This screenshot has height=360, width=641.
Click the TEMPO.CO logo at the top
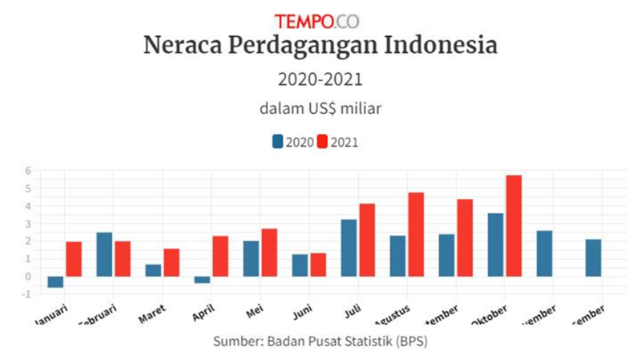pos(320,21)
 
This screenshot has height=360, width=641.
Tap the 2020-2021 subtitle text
pos(320,79)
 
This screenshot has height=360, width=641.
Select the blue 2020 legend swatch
pos(277,142)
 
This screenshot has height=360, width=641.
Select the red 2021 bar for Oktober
pos(514,225)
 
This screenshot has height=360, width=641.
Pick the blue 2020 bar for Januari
pos(55,281)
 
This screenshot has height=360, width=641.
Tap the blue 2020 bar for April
pos(202,280)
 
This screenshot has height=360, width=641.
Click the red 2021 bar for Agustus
pos(415,234)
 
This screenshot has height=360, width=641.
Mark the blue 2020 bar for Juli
pos(349,248)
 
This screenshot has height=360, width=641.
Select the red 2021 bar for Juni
pos(318,265)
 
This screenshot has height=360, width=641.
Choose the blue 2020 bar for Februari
pos(104,254)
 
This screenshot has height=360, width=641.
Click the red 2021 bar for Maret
pos(171,262)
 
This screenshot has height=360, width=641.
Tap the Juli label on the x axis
pos(353,309)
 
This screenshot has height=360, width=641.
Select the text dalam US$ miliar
pos(320,107)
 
